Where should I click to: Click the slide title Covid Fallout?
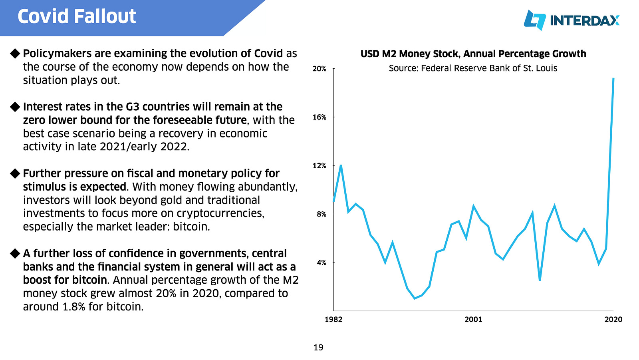click(x=76, y=16)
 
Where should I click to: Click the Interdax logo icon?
click(x=535, y=20)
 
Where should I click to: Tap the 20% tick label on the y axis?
click(x=319, y=69)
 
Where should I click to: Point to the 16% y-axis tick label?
click(x=319, y=117)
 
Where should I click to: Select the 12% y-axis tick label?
click(x=319, y=165)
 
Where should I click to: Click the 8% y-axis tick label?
click(x=321, y=214)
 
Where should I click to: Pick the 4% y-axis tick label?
click(x=321, y=263)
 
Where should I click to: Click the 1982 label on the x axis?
click(x=333, y=319)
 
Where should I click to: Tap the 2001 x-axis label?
click(x=473, y=319)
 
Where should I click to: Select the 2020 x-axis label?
click(x=613, y=319)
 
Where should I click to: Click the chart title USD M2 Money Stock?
click(x=473, y=54)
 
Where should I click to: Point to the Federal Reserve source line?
click(x=473, y=68)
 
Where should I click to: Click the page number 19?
click(x=318, y=348)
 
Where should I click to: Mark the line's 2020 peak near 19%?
click(x=613, y=78)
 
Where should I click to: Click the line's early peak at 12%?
click(x=341, y=165)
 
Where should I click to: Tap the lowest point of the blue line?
click(x=415, y=298)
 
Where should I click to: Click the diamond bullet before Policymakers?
click(x=15, y=54)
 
